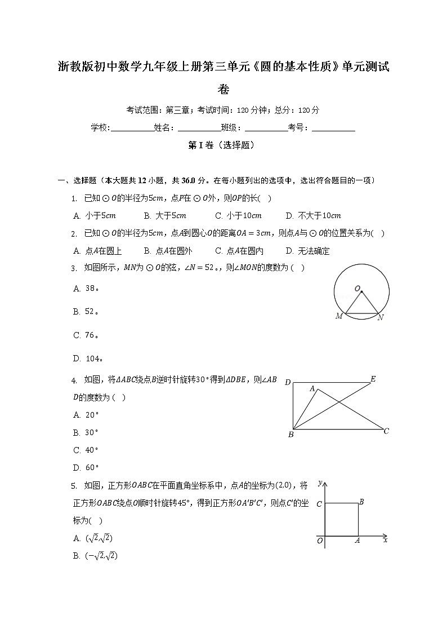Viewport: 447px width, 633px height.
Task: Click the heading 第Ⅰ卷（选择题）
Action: click(223, 145)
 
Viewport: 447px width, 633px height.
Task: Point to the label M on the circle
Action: click(339, 316)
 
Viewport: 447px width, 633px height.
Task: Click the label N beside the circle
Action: click(381, 317)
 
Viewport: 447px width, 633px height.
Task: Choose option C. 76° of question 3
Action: click(86, 335)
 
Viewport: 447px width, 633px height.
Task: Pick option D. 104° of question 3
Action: click(88, 358)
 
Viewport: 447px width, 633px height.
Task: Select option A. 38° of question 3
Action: click(86, 288)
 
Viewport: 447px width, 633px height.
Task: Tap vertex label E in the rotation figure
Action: click(373, 379)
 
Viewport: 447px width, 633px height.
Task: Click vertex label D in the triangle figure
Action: click(288, 383)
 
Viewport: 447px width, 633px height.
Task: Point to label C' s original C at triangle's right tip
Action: click(386, 431)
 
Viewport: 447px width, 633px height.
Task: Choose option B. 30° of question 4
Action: click(86, 433)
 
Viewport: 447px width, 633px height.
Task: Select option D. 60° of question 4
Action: click(86, 467)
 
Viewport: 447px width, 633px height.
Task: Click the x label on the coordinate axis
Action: click(386, 540)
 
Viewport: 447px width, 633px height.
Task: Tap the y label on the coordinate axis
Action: click(320, 484)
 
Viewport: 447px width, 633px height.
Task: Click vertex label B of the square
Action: click(361, 502)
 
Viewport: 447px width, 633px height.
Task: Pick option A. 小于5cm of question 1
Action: click(95, 215)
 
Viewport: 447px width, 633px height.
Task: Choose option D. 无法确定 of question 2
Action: click(307, 251)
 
